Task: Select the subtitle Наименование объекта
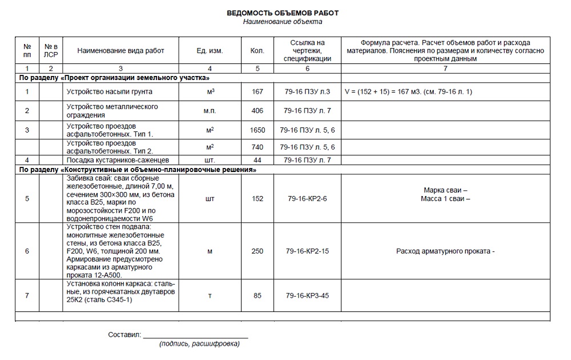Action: pyautogui.click(x=283, y=22)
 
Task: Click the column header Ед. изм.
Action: pyautogui.click(x=210, y=51)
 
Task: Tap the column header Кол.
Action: pyautogui.click(x=257, y=51)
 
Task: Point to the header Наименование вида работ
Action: pyautogui.click(x=120, y=51)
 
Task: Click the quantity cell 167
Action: pyautogui.click(x=257, y=91)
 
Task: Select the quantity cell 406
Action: pyautogui.click(x=257, y=111)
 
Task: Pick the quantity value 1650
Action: pyautogui.click(x=258, y=130)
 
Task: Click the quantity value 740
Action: pyautogui.click(x=257, y=147)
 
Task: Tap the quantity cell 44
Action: pyautogui.click(x=257, y=160)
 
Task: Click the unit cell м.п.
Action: pyautogui.click(x=210, y=111)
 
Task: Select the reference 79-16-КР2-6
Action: pyautogui.click(x=307, y=199)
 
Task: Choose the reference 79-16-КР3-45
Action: pyautogui.click(x=307, y=295)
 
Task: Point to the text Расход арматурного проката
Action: pyautogui.click(x=445, y=251)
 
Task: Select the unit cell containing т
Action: pyautogui.click(x=210, y=295)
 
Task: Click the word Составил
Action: pyautogui.click(x=124, y=334)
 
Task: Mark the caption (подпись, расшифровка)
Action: pyautogui.click(x=199, y=344)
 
